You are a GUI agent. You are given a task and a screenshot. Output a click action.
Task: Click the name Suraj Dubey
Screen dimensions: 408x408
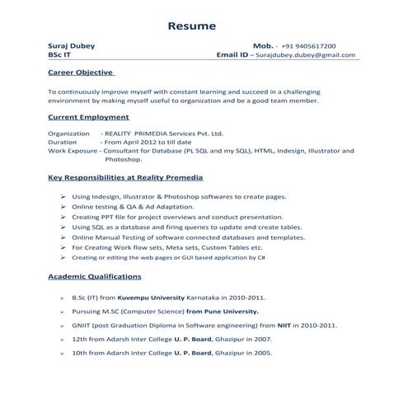tap(69, 46)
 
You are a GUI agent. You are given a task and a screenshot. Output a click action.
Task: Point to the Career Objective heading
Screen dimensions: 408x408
tap(81, 73)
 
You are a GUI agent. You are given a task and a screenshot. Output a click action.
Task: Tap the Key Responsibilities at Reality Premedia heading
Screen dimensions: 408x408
tap(125, 177)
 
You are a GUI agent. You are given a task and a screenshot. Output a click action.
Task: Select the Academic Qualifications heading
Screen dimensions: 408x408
tap(95, 276)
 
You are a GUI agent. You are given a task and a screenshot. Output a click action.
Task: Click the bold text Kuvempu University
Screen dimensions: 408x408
tap(143, 296)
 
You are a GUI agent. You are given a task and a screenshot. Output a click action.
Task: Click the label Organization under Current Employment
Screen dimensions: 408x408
tap(69, 132)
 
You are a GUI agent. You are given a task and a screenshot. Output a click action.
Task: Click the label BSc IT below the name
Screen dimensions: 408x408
tap(60, 55)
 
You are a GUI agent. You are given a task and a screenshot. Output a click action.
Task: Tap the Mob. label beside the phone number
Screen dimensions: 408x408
tap(263, 46)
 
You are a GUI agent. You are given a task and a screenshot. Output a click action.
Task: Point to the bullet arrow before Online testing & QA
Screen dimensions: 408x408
tap(63, 207)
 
